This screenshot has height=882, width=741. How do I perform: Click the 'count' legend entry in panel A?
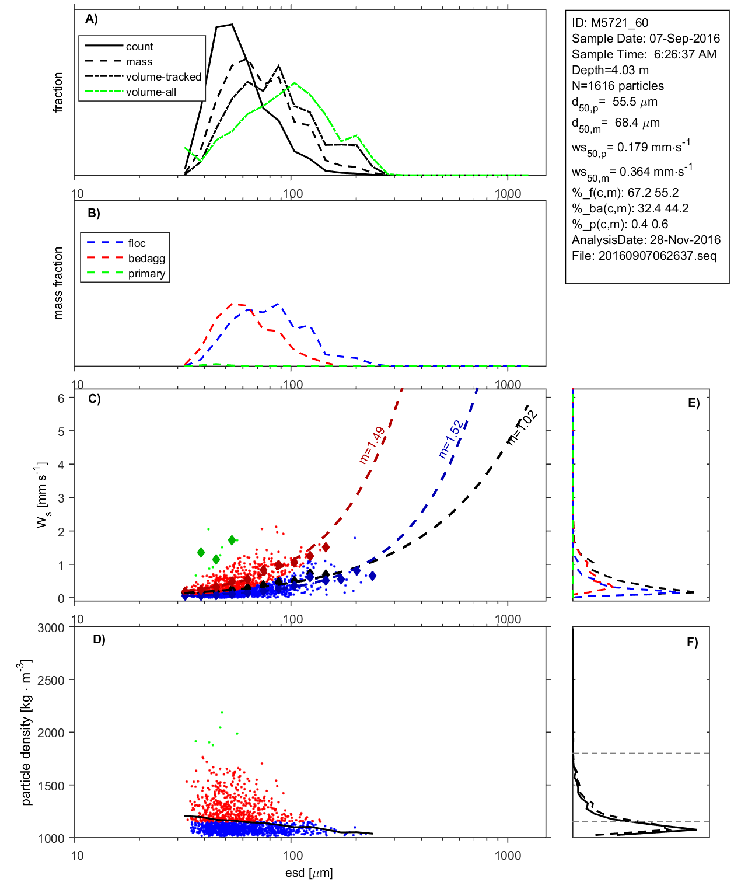coord(139,47)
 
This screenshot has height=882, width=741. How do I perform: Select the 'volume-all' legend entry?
coord(151,92)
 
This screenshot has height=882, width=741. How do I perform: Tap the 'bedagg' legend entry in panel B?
coord(146,259)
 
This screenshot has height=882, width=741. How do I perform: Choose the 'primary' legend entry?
coord(146,274)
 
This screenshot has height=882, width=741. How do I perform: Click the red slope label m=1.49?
coord(372,445)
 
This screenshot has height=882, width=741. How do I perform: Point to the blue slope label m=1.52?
coord(451,439)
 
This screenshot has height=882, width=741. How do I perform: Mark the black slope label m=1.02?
coord(522,427)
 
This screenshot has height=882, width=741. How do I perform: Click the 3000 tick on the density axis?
coord(51,628)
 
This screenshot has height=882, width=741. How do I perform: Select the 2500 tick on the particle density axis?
coord(51,681)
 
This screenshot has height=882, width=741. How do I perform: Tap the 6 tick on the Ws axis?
coord(61,398)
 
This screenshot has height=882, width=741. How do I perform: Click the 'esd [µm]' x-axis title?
coord(309,873)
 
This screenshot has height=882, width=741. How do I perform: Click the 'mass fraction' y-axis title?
coord(58,283)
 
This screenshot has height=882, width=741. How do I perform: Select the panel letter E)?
coord(693,403)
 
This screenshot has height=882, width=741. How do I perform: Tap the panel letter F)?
coord(692,642)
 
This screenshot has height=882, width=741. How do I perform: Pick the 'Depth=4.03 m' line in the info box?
coord(610,70)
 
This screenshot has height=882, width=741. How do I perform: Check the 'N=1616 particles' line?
coord(617,86)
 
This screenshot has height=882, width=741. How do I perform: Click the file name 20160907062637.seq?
coord(657,256)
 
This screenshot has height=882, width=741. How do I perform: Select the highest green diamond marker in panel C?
coord(232,541)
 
